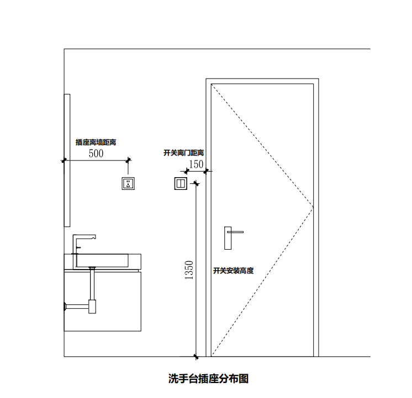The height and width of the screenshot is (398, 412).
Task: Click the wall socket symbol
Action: (128, 183)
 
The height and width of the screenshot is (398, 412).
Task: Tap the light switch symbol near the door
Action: (181, 183)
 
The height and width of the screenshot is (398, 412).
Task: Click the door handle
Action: (229, 237)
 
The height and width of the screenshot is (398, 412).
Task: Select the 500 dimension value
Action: (96, 154)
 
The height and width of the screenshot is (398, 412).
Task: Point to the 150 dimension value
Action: (196, 164)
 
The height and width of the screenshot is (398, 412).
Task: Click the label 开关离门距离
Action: (184, 152)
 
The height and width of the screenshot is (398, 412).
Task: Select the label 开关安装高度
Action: (233, 271)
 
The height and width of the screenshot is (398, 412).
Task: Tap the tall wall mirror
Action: (67, 160)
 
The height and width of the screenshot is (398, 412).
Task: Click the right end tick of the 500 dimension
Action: (129, 161)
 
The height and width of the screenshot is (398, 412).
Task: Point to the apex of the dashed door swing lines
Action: (313, 208)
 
